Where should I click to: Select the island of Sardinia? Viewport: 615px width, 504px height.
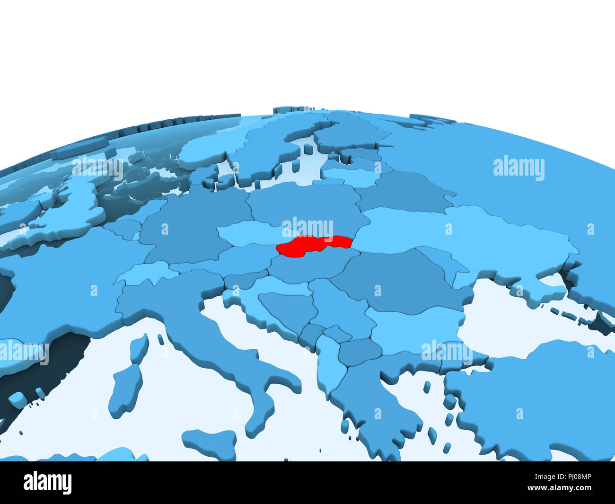point(125,390)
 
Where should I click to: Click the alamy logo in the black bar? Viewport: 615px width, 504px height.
point(47,483)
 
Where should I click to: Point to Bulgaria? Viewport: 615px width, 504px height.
point(412,331)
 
